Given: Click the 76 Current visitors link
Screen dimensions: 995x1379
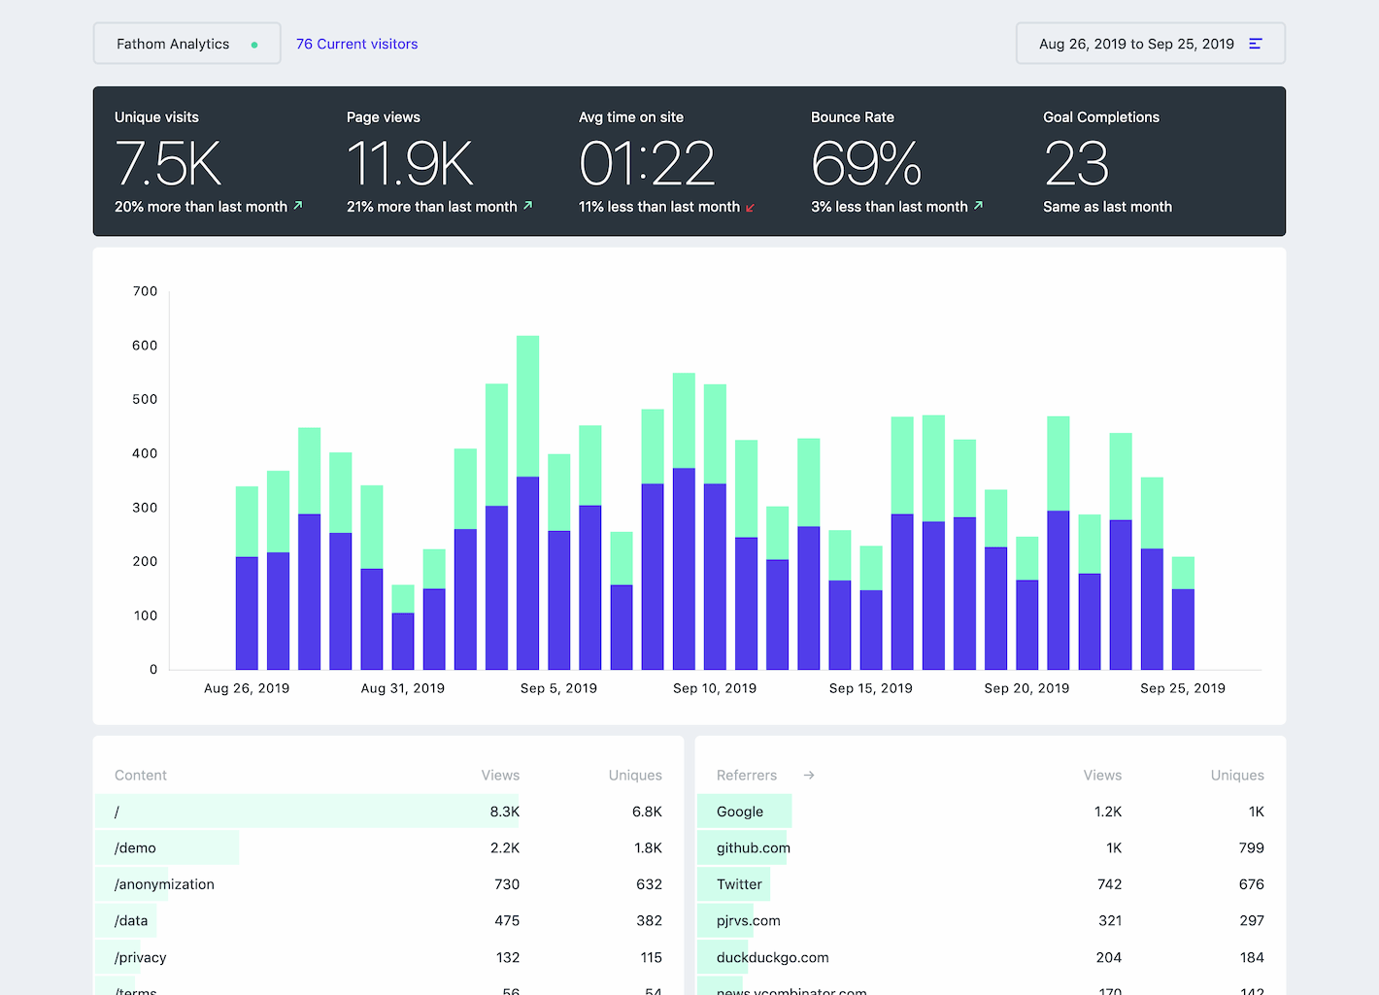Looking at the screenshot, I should (356, 44).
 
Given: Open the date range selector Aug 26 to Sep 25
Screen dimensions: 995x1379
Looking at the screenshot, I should (1150, 44).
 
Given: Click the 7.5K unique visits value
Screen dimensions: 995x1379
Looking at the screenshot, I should (168, 163).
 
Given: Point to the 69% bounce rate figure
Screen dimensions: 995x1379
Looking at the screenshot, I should (865, 163).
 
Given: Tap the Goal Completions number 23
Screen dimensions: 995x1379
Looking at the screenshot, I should (1076, 163).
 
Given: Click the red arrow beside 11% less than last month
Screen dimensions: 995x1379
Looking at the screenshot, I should (750, 208).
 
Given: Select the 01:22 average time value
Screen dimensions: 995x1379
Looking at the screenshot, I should (647, 163).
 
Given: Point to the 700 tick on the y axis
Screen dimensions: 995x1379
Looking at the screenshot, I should (145, 291).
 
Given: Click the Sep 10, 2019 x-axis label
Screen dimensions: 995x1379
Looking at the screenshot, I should (714, 688).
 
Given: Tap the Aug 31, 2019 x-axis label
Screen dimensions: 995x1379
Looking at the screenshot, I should (402, 688).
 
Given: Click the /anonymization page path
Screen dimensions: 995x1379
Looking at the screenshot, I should (164, 884).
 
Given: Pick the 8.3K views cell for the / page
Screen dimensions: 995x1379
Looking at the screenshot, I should (504, 812).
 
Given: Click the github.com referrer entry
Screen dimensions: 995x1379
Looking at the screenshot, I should (753, 847).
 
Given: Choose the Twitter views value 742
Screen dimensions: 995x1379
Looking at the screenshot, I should (1109, 884).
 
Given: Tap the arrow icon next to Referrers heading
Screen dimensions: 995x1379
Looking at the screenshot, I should (809, 776).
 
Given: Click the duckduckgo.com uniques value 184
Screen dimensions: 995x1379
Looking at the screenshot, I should (1251, 957).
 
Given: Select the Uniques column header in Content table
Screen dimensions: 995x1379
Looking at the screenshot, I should (634, 776).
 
